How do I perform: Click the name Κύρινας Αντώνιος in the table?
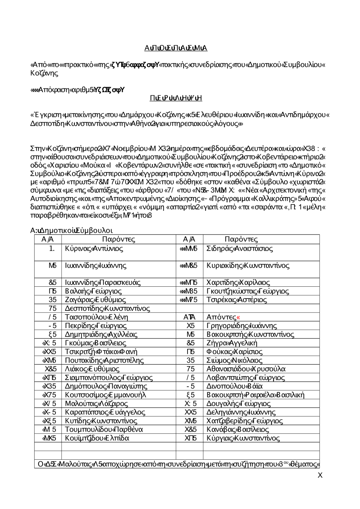(94, 249)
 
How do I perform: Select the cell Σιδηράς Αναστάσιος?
(240, 249)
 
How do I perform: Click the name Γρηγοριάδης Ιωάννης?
(242, 326)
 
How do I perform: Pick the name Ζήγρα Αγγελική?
(232, 343)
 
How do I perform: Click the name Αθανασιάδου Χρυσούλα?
(246, 369)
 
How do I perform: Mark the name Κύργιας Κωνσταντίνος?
(243, 438)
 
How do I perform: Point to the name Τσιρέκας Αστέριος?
(237, 300)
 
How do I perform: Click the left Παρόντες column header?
(118, 240)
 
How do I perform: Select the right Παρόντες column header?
(241, 240)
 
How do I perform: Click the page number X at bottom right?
(320, 476)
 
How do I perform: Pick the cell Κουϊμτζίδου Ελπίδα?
(97, 438)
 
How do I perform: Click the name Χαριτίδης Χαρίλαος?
(238, 282)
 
